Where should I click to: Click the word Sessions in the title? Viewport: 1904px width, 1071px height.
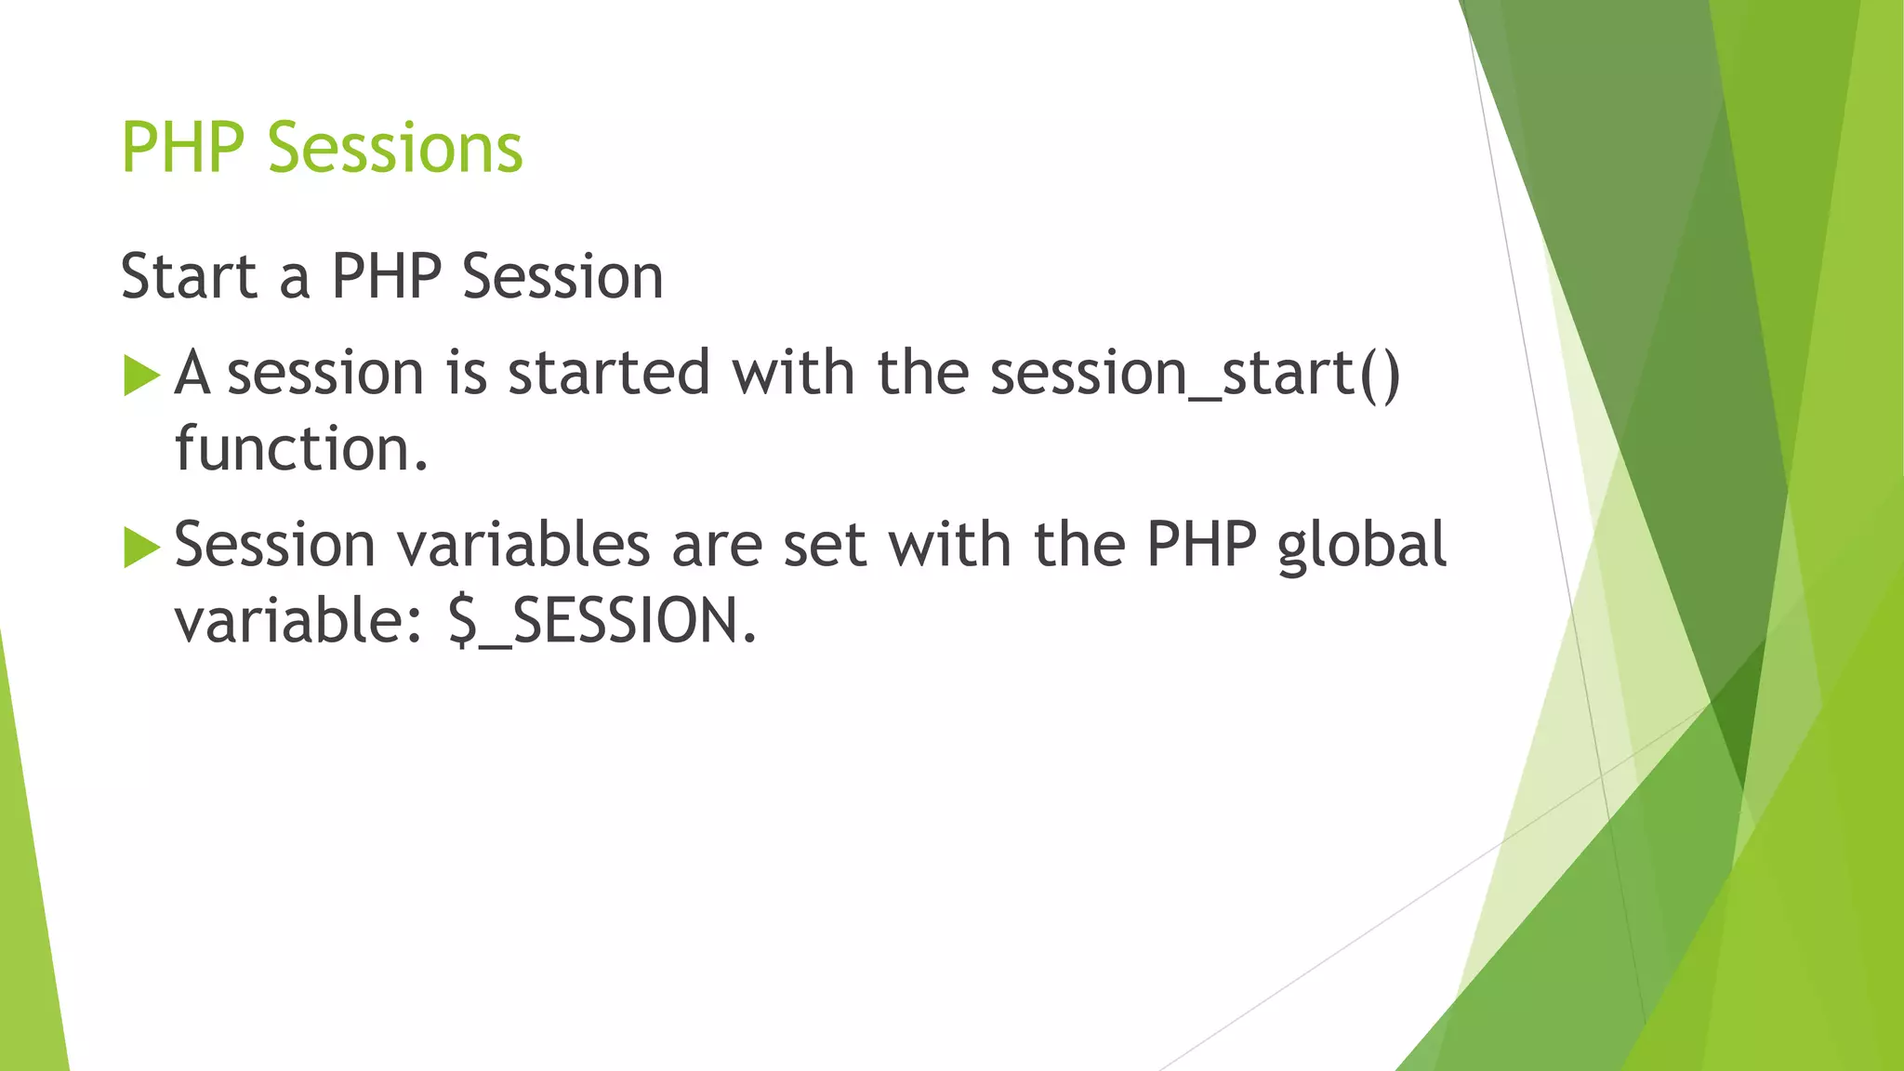pyautogui.click(x=395, y=149)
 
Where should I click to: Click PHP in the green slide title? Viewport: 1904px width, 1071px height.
pyautogui.click(x=183, y=149)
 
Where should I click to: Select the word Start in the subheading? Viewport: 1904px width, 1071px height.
pyautogui.click(x=189, y=277)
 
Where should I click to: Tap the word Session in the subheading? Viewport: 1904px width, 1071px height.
pyautogui.click(x=562, y=277)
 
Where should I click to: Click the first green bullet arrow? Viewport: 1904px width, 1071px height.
pyautogui.click(x=141, y=376)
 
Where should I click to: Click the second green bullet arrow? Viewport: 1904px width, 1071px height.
pyautogui.click(x=141, y=547)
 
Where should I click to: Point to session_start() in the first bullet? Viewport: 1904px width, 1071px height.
pyautogui.click(x=1195, y=374)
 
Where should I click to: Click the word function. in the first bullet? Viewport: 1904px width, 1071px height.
pyautogui.click(x=301, y=450)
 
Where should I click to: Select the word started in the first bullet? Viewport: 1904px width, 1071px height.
pyautogui.click(x=609, y=374)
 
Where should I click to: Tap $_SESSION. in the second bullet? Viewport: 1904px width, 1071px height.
pyautogui.click(x=602, y=621)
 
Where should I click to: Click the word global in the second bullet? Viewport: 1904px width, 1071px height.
pyautogui.click(x=1362, y=545)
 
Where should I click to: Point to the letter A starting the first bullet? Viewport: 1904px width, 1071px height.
pyautogui.click(x=192, y=374)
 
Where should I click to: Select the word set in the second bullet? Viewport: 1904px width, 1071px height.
pyautogui.click(x=825, y=545)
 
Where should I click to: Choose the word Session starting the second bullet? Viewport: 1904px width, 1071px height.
pyautogui.click(x=274, y=545)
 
